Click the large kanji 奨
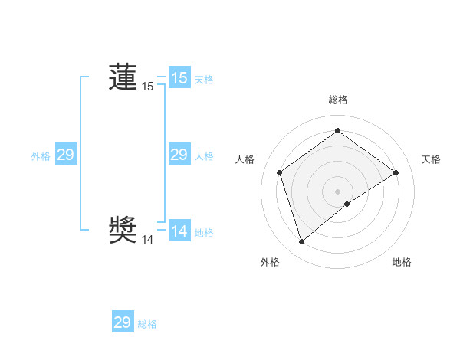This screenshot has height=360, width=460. [123, 229]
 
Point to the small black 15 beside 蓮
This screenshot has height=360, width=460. [147, 87]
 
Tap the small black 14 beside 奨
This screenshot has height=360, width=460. [147, 240]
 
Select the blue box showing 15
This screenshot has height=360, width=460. [179, 78]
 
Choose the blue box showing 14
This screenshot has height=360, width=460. [179, 231]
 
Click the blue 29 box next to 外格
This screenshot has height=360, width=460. [65, 155]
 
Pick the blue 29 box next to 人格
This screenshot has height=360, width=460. [179, 155]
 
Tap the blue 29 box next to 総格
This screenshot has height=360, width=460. [123, 322]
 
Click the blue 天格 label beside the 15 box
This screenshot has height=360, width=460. [204, 80]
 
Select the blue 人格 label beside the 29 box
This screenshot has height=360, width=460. [204, 156]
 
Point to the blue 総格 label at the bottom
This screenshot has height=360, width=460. [147, 324]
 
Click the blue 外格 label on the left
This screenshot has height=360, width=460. [41, 156]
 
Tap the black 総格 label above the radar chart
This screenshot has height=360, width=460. [337, 100]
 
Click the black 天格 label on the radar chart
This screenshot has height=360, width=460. [431, 159]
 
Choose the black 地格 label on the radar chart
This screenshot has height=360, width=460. [402, 262]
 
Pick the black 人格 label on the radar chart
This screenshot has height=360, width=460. [245, 159]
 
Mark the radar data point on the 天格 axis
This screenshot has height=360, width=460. [396, 172]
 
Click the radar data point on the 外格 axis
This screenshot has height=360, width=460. [301, 242]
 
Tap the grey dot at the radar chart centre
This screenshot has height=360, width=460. [337, 191]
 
